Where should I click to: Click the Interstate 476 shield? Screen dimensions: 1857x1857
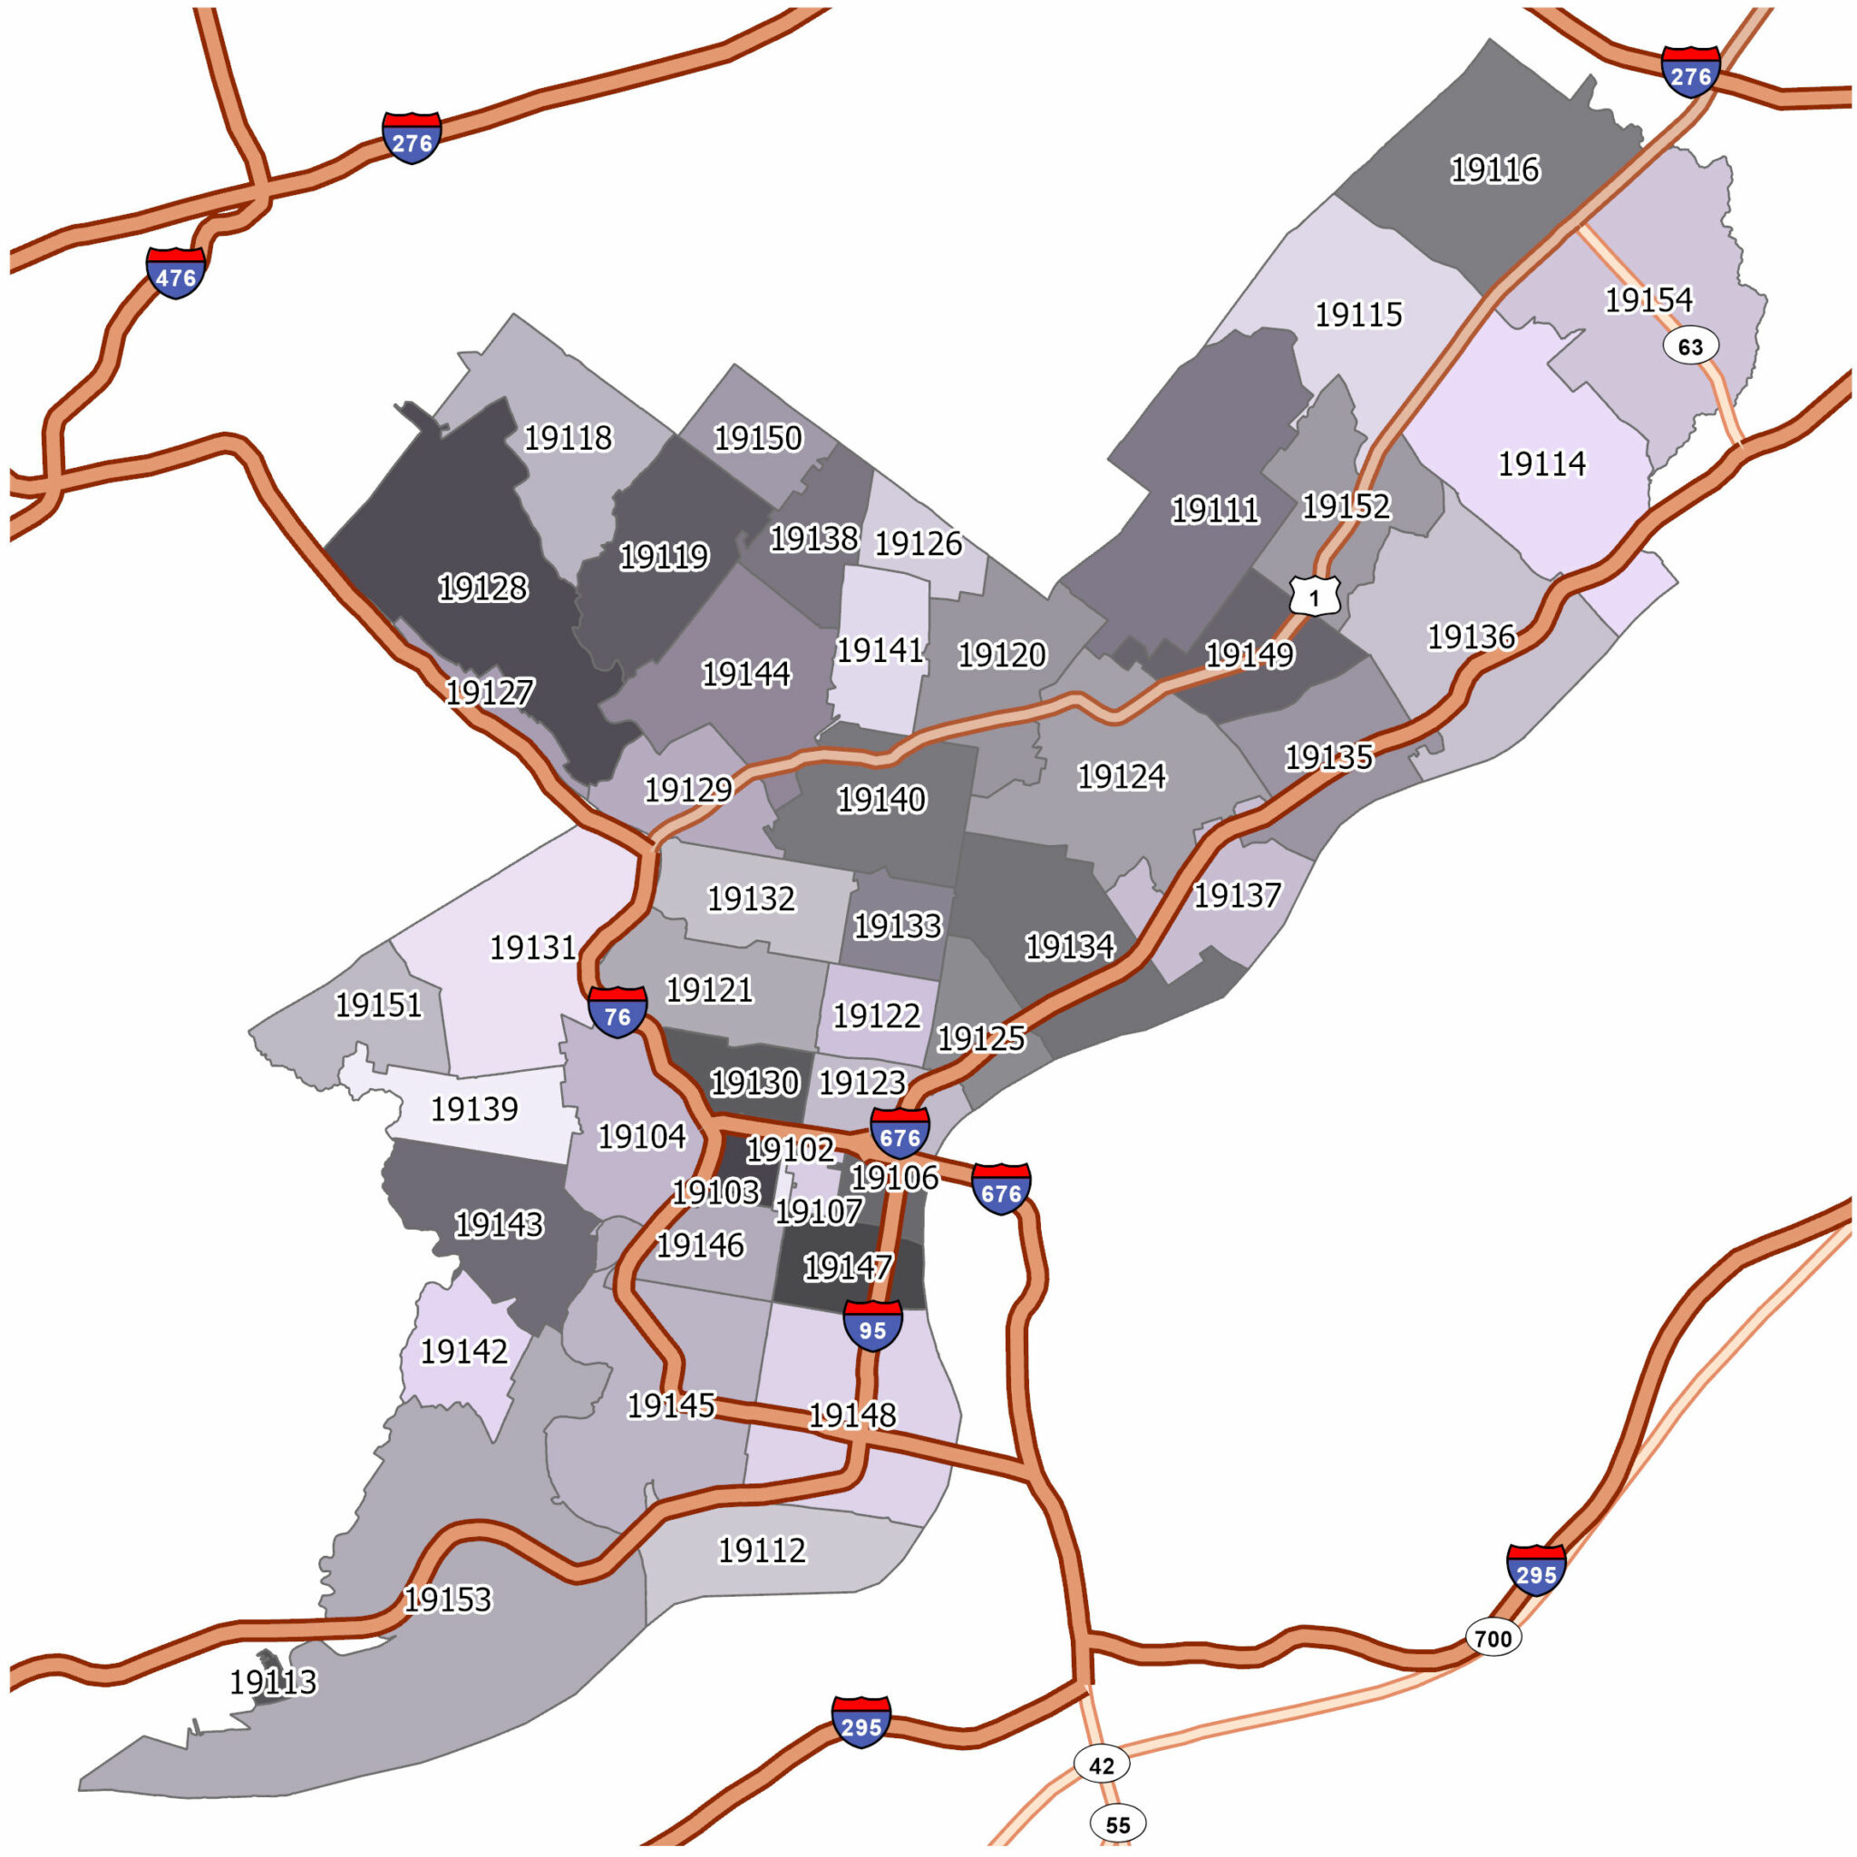[x=176, y=273]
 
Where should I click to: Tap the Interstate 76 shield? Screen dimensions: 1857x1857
[x=617, y=1012]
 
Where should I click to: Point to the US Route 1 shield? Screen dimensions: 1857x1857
[x=1314, y=596]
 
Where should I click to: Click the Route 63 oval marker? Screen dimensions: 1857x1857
[x=1691, y=346]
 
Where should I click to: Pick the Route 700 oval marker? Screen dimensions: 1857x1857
[x=1492, y=1638]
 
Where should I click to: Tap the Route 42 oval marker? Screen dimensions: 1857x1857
[x=1102, y=1765]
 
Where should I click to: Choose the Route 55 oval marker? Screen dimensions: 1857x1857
[x=1118, y=1823]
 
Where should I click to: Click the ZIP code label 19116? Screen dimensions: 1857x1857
[x=1494, y=170]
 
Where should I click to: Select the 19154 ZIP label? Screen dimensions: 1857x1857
[x=1648, y=300]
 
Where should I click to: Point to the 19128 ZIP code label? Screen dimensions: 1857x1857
[x=482, y=588]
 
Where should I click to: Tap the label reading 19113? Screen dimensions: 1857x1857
[x=273, y=1681]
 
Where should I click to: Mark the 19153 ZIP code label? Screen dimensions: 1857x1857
[x=448, y=1599]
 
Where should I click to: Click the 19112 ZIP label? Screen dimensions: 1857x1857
[x=763, y=1550]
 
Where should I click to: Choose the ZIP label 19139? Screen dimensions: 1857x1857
[x=474, y=1108]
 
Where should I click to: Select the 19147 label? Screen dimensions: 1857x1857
[x=847, y=1268]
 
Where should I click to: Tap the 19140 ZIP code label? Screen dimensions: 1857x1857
[x=881, y=799]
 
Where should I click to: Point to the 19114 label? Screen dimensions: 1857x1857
[x=1541, y=463]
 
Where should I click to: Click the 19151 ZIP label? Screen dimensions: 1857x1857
[x=379, y=1005]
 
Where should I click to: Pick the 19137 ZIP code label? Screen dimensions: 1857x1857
[x=1237, y=895]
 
